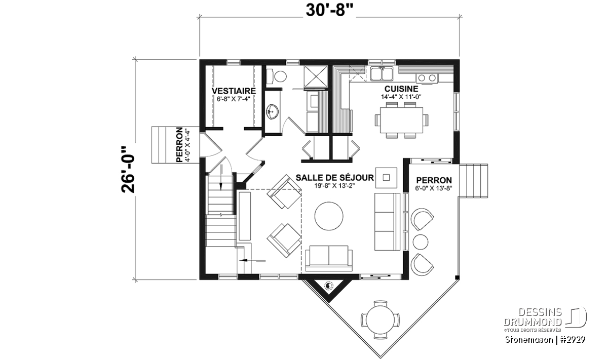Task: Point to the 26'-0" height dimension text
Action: point(128,170)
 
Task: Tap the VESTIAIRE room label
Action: point(234,91)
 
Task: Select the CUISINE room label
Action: point(401,89)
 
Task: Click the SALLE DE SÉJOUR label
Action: point(335,178)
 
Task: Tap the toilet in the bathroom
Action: point(276,76)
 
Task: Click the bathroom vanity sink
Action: point(273,112)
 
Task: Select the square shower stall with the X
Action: point(316,76)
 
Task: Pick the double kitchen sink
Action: point(382,74)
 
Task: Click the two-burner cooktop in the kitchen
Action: point(427,78)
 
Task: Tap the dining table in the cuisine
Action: point(401,120)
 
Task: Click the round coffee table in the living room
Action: point(329,216)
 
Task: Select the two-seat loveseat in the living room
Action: point(329,258)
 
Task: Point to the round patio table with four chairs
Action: point(380,319)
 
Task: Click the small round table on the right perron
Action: point(421,242)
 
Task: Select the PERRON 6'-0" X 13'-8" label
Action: point(434,184)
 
